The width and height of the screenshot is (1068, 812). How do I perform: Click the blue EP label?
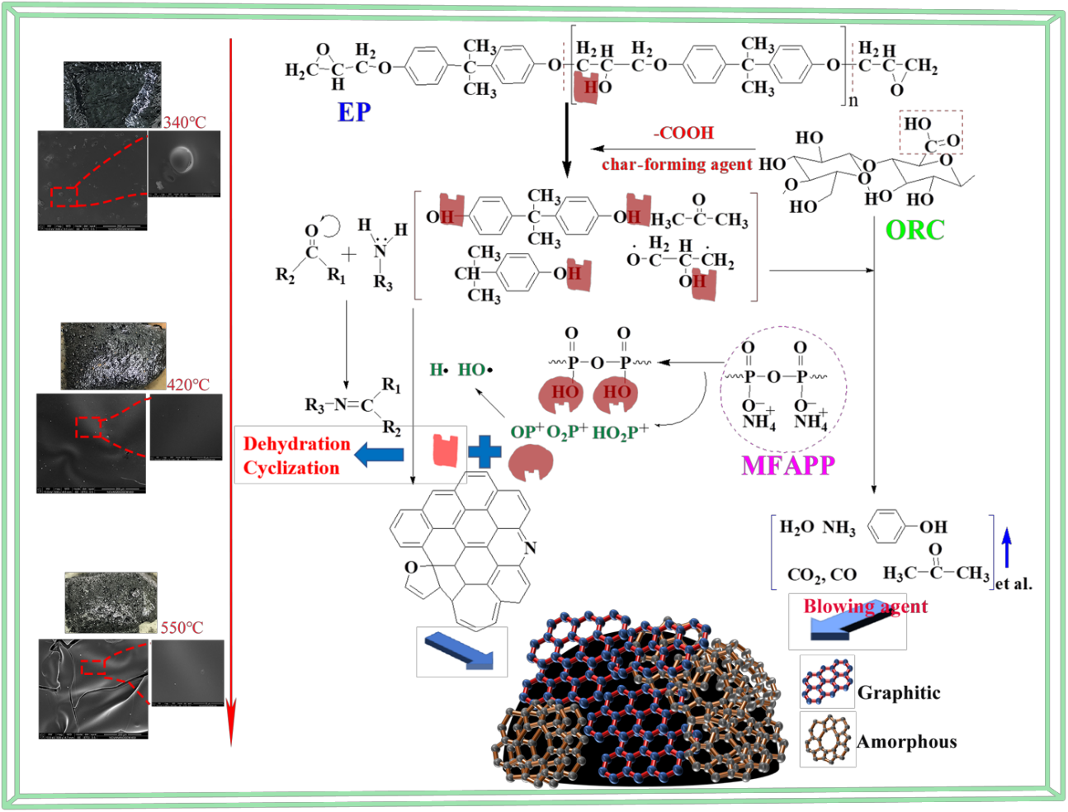[x=354, y=112]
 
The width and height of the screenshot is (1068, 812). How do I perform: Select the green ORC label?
[x=914, y=230]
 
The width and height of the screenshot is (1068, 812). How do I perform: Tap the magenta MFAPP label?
[x=788, y=466]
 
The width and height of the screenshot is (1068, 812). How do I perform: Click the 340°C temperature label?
[x=184, y=122]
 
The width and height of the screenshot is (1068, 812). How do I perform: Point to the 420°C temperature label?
[x=188, y=385]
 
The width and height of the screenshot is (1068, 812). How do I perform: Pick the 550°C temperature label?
[x=182, y=628]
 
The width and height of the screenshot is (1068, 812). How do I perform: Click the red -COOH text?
[x=683, y=133]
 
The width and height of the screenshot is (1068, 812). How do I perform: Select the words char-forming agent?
[x=677, y=164]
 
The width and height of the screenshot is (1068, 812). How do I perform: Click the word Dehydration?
[x=296, y=444]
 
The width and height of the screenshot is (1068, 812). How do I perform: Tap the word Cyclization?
[x=291, y=468]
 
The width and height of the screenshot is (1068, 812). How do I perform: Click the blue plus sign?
[x=484, y=452]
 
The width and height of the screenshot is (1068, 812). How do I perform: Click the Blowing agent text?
[x=865, y=607]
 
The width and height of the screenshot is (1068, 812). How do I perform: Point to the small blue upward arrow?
[x=1006, y=547]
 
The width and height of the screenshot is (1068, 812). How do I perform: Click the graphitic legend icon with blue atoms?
[x=827, y=682]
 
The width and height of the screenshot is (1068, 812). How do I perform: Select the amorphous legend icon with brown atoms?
[x=827, y=739]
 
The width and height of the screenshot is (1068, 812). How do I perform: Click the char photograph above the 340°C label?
[x=112, y=95]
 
